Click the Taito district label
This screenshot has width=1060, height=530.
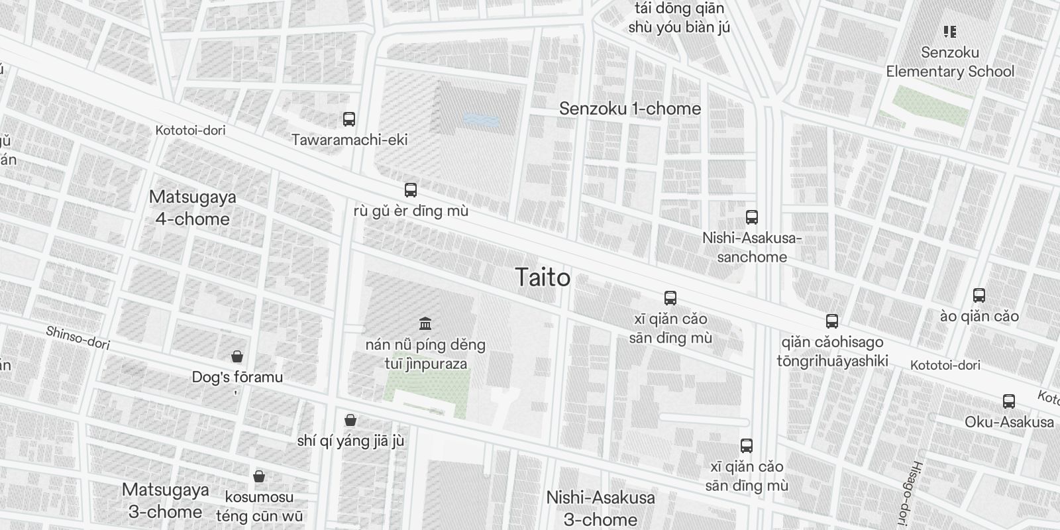pos(543,278)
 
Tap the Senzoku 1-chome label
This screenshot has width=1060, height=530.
pos(629,109)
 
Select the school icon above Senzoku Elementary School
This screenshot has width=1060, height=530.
pos(950,32)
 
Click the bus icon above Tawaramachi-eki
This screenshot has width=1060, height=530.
pos(349,119)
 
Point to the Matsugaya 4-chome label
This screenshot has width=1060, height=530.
pos(193,207)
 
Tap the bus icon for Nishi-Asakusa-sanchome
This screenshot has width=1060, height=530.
pos(751,217)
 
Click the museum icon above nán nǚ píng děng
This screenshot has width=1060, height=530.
pos(425,324)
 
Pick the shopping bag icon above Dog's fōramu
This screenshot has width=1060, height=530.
pos(237,357)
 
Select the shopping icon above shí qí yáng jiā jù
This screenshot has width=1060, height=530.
pos(350,420)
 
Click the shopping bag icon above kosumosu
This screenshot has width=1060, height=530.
pos(259,476)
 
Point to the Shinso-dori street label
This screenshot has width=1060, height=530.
pos(78,337)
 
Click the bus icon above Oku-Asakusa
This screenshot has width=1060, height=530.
pos(1008,401)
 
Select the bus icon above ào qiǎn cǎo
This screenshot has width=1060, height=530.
pos(979,295)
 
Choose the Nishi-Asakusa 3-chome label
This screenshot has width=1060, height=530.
pos(600,507)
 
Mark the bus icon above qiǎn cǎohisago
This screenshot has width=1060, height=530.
pos(832,321)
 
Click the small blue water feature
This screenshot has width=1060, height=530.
pos(481,120)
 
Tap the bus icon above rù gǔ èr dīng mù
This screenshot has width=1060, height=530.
pos(411,190)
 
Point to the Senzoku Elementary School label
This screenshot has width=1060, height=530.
pos(950,62)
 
